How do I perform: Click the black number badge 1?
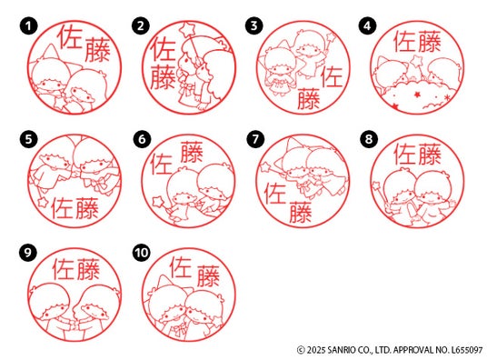pyautogui.click(x=28, y=25)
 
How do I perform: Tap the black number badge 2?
pyautogui.click(x=141, y=25)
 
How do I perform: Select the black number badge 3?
pyautogui.click(x=254, y=25)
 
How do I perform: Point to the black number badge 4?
pyautogui.click(x=368, y=25)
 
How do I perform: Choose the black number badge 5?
pyautogui.click(x=28, y=139)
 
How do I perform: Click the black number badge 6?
pyautogui.click(x=142, y=139)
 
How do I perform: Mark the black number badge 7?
pyautogui.click(x=255, y=139)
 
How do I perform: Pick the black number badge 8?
pyautogui.click(x=369, y=139)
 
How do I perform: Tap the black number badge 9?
pyautogui.click(x=28, y=252)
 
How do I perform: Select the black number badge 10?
pyautogui.click(x=142, y=252)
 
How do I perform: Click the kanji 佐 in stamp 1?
pyautogui.click(x=70, y=37)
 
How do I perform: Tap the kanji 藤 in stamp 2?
pyautogui.click(x=163, y=76)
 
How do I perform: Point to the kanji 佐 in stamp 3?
pyautogui.click(x=332, y=76)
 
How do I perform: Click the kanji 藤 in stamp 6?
pyautogui.click(x=192, y=152)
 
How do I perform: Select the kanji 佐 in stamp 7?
pyautogui.click(x=275, y=194)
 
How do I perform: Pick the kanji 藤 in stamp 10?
pyautogui.click(x=208, y=275)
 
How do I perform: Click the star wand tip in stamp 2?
pyautogui.click(x=188, y=28)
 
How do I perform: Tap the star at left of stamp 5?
pyautogui.click(x=42, y=202)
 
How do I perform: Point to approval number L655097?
pyautogui.click(x=467, y=350)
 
